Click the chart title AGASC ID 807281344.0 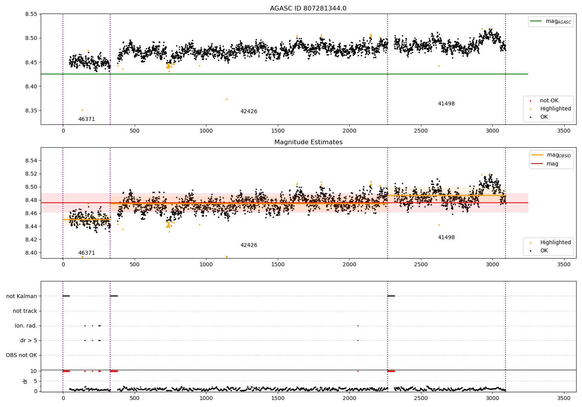click(x=308, y=8)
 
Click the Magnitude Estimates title click(x=308, y=142)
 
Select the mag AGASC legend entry click(x=551, y=21)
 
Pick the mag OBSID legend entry click(x=551, y=155)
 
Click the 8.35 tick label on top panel click(x=31, y=110)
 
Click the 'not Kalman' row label click(x=22, y=296)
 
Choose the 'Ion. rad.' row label click(x=26, y=326)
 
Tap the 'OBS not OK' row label click(x=21, y=355)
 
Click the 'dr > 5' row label click(x=29, y=340)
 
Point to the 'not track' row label click(x=25, y=311)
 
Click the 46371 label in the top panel click(x=87, y=119)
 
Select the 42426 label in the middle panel click(x=249, y=245)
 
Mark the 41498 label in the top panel click(x=446, y=103)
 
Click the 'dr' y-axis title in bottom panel click(x=25, y=381)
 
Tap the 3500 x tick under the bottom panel click(x=564, y=398)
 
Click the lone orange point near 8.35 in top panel click(x=82, y=110)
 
